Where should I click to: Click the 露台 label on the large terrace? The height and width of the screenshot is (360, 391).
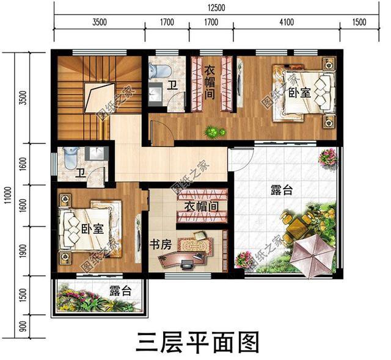point(282,191)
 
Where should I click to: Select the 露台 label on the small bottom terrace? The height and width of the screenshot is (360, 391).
point(120,290)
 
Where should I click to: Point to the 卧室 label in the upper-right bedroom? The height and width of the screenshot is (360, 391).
point(299,93)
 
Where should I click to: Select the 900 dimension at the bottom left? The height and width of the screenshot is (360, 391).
point(23,326)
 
